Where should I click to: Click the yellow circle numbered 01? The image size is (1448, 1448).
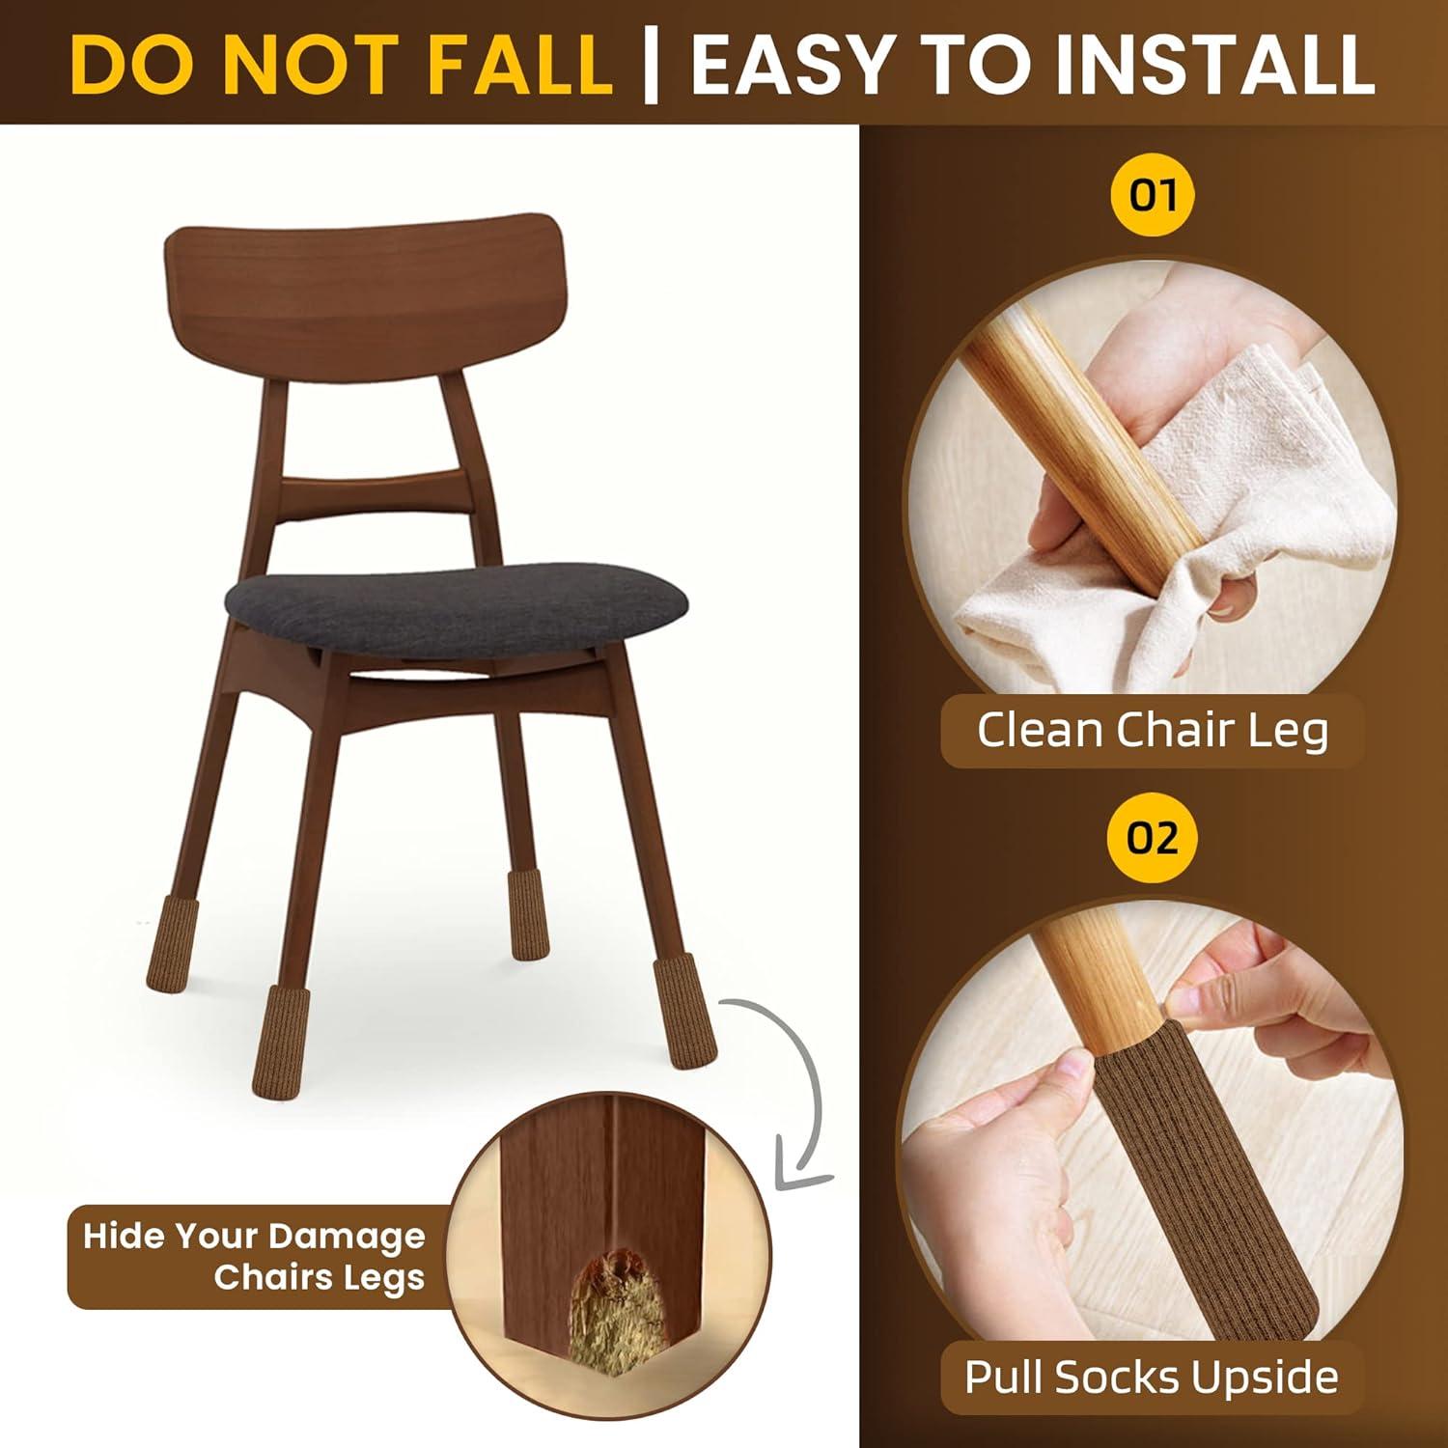(x=1153, y=196)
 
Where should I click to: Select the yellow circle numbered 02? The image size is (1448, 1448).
(x=1153, y=837)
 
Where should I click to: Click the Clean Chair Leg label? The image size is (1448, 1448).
(x=1153, y=730)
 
